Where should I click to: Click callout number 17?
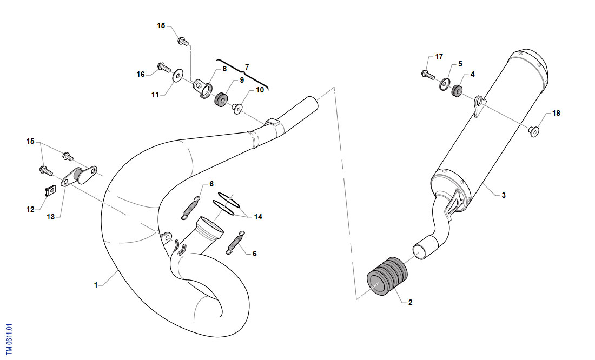click(439, 57)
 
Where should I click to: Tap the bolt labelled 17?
click(428, 74)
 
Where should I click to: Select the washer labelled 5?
click(444, 84)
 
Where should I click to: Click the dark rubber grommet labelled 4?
click(457, 91)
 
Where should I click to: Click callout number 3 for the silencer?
click(504, 195)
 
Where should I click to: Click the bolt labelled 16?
click(164, 68)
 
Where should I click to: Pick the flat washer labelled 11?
click(177, 76)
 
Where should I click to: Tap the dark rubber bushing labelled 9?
click(221, 98)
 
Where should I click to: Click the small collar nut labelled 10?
click(237, 109)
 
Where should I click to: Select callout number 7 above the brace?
click(247, 67)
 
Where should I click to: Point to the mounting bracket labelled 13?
click(79, 176)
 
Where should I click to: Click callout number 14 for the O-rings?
click(258, 217)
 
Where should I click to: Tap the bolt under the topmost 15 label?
click(183, 41)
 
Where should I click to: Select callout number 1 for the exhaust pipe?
click(96, 285)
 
